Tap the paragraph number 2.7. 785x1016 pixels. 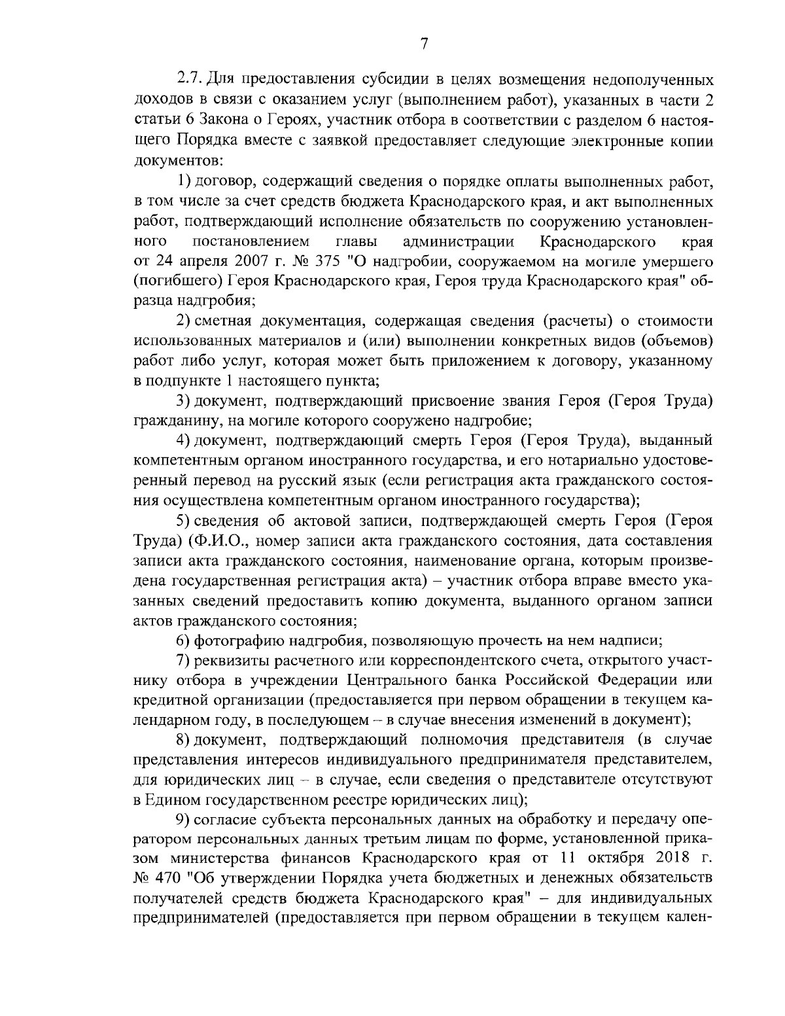click(191, 80)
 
